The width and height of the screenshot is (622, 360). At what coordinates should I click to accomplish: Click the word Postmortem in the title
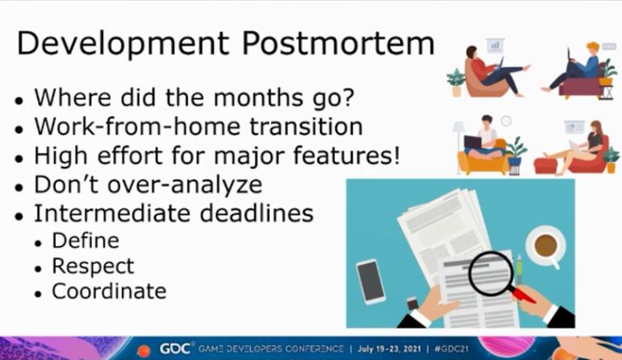pyautogui.click(x=338, y=43)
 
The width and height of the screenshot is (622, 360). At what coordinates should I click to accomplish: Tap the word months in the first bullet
pyautogui.click(x=258, y=97)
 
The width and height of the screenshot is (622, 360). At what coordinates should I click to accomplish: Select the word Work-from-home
pyautogui.click(x=138, y=126)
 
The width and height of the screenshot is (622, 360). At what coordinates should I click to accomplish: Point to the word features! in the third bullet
pyautogui.click(x=346, y=155)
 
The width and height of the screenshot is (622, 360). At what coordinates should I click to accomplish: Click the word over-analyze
pyautogui.click(x=185, y=185)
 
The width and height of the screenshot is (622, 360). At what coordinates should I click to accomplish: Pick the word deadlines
pyautogui.click(x=257, y=213)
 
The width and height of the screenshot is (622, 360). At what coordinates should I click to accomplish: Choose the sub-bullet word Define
pyautogui.click(x=86, y=241)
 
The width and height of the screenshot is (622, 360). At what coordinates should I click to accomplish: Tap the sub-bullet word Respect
pyautogui.click(x=94, y=266)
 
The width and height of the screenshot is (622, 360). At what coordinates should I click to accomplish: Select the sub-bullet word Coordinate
pyautogui.click(x=109, y=291)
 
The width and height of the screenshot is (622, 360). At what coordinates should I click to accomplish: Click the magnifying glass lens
pyautogui.click(x=491, y=274)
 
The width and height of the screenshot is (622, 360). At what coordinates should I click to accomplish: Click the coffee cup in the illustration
pyautogui.click(x=546, y=246)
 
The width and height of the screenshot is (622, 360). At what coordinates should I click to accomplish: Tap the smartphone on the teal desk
pyautogui.click(x=370, y=282)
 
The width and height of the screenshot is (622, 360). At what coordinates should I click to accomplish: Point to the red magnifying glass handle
pyautogui.click(x=523, y=295)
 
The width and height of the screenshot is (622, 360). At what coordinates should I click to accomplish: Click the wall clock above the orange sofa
pyautogui.click(x=506, y=120)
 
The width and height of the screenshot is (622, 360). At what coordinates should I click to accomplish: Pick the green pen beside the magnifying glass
pyautogui.click(x=520, y=270)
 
